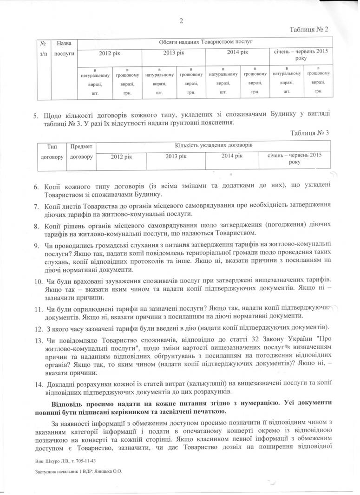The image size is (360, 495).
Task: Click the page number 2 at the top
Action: coord(182,20)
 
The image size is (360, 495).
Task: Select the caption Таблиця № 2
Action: coord(309,29)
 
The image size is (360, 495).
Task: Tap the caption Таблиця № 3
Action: coord(309,133)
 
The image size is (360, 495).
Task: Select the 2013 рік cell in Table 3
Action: coord(176,156)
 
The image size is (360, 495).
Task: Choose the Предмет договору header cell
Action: coord(81,151)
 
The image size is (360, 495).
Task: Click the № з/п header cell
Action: coord(43,48)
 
